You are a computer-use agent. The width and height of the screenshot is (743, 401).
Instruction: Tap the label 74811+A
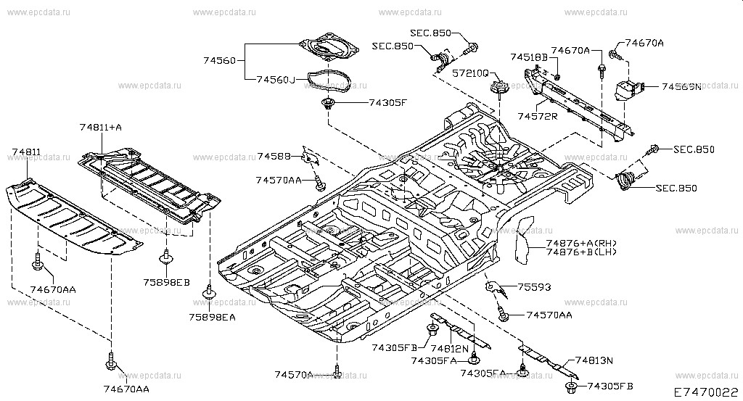101,128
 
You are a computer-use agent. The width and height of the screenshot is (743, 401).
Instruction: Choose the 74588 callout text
274,156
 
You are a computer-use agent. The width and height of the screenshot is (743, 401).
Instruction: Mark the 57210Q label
472,74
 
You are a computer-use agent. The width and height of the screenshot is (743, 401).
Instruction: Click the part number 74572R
538,116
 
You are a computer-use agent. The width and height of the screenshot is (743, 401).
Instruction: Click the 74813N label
595,360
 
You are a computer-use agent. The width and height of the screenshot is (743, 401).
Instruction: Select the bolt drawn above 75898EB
166,256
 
